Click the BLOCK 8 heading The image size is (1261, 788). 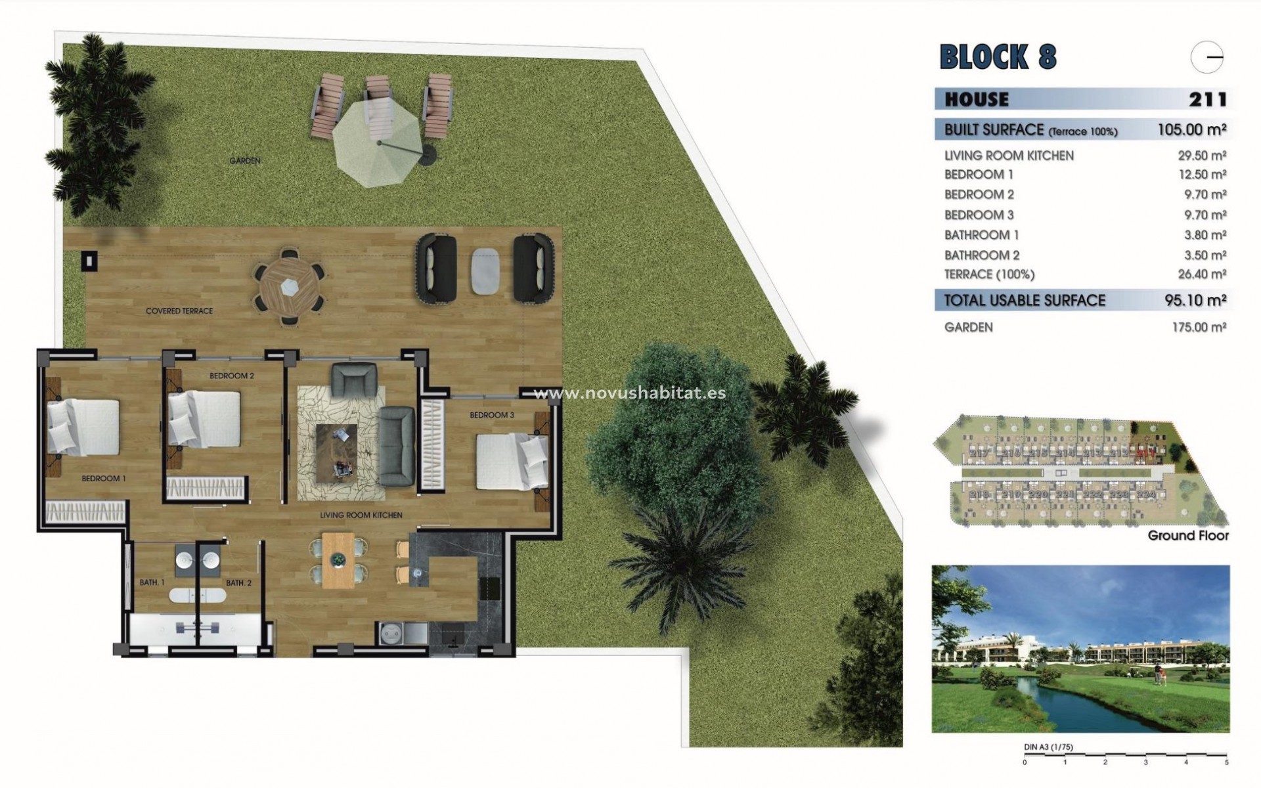(x=998, y=57)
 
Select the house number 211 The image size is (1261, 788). (x=1207, y=100)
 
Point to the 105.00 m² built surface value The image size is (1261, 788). (x=1191, y=130)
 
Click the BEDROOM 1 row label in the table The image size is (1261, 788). (x=979, y=175)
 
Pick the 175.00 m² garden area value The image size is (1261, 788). (x=1199, y=327)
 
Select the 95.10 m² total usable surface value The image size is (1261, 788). (x=1195, y=301)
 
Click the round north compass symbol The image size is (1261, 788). (x=1206, y=58)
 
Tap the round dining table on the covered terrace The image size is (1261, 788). (x=289, y=287)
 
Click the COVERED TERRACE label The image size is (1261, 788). (x=179, y=311)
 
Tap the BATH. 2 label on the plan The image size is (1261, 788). (x=238, y=582)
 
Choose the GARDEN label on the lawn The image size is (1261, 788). (x=245, y=161)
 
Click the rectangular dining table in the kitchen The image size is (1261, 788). (x=339, y=560)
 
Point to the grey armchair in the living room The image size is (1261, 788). (x=354, y=380)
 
